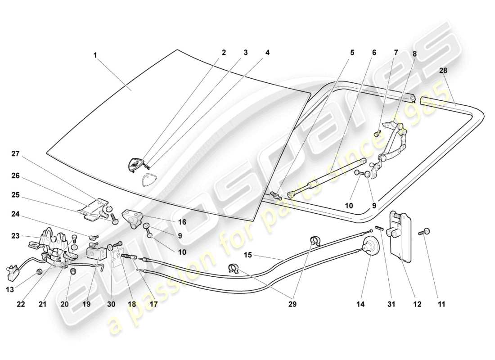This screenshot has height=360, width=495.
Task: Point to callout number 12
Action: click(x=417, y=304)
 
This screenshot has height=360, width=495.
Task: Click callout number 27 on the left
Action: click(x=16, y=153)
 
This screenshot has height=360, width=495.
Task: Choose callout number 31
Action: click(x=391, y=304)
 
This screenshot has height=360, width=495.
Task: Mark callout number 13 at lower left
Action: click(x=9, y=289)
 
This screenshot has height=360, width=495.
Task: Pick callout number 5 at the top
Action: click(x=352, y=53)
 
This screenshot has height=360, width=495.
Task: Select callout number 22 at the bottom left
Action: click(x=20, y=304)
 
